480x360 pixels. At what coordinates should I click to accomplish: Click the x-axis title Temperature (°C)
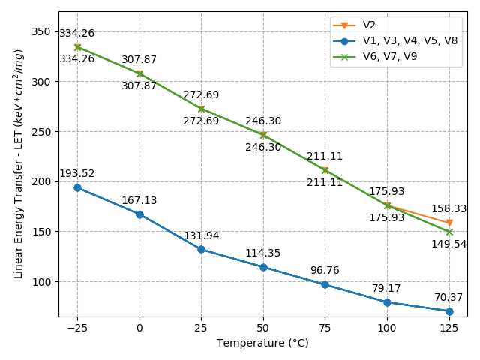[262, 343]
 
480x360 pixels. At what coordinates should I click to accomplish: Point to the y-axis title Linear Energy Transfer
[19, 163]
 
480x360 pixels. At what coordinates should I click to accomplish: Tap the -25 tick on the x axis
[76, 328]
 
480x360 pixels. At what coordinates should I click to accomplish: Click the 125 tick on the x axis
[449, 328]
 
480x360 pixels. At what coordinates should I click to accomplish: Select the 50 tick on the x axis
[263, 328]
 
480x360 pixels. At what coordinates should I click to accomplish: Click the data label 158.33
[448, 209]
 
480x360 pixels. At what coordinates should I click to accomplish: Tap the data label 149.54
[448, 244]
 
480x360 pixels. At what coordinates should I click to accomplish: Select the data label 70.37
[448, 297]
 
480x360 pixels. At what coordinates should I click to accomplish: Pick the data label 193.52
[77, 173]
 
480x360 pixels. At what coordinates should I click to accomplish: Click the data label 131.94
[201, 235]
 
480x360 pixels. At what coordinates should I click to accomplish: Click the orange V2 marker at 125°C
[449, 223]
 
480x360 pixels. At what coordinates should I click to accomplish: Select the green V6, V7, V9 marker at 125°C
[449, 232]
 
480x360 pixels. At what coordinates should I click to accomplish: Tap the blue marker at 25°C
[201, 249]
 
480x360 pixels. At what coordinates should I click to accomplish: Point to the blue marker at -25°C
[77, 187]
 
